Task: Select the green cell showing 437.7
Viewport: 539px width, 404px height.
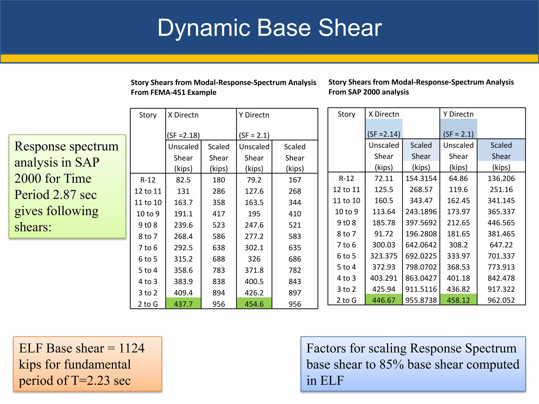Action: pos(183,304)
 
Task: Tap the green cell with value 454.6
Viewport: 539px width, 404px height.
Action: pos(254,304)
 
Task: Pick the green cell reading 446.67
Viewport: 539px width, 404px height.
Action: pos(384,300)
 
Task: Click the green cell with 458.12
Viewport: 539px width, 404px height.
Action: pos(458,300)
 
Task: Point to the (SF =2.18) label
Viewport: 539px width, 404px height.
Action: pos(183,135)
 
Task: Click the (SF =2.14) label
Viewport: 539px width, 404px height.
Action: pos(384,134)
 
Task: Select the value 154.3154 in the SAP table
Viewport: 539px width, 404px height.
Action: pos(421,178)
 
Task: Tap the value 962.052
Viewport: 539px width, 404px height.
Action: pos(501,300)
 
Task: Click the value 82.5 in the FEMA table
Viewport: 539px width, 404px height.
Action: pos(183,180)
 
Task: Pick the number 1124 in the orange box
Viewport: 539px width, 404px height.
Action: pos(132,348)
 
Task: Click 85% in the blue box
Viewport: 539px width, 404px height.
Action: pos(391,365)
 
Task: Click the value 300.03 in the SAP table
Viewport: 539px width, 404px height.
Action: pos(384,245)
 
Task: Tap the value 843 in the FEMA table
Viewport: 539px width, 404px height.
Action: pos(295,281)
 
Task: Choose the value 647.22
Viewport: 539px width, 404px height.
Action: pos(501,245)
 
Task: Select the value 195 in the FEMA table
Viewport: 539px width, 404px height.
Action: pos(254,214)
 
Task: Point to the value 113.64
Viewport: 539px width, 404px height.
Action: pos(384,211)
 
